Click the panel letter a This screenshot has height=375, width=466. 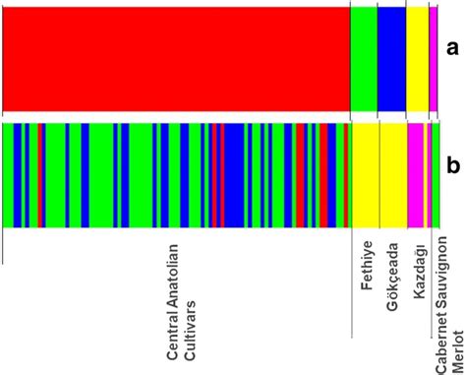pos(452,47)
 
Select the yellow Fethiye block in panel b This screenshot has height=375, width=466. pos(365,173)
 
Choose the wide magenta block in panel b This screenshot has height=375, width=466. pos(416,173)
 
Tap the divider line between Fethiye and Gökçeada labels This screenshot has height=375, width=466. pos(379,285)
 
